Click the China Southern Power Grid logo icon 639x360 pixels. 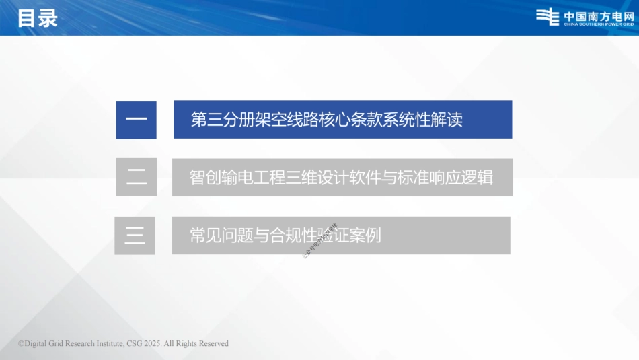point(548,17)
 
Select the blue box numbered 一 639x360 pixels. point(136,120)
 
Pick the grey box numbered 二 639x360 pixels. point(137,177)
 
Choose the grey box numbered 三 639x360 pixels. point(135,236)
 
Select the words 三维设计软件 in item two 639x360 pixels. point(332,178)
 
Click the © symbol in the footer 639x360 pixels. point(21,343)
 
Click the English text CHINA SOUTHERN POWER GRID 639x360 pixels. point(599,24)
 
